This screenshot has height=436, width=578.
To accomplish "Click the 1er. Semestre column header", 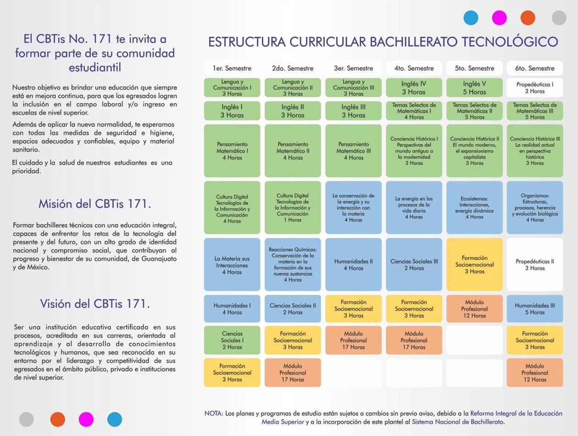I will pyautogui.click(x=232, y=68).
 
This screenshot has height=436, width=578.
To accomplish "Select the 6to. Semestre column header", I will pyautogui.click(x=534, y=68).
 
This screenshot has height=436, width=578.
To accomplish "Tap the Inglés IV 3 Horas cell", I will pyautogui.click(x=414, y=88).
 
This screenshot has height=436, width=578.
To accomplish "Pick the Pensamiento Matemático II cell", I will pyautogui.click(x=293, y=151).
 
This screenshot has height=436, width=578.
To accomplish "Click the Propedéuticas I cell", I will pyautogui.click(x=534, y=88).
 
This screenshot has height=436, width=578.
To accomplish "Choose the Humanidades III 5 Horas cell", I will pyautogui.click(x=534, y=308).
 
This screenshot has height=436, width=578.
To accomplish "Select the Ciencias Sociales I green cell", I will pyautogui.click(x=232, y=340).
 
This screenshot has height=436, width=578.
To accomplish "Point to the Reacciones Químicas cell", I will pyautogui.click(x=293, y=264).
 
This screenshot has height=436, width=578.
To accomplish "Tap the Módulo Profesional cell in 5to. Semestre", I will pyautogui.click(x=474, y=308).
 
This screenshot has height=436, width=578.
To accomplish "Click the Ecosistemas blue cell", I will pyautogui.click(x=474, y=207).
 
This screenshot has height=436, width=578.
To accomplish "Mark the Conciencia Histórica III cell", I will pyautogui.click(x=534, y=151).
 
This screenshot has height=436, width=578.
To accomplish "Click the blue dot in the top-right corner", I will pyautogui.click(x=471, y=18).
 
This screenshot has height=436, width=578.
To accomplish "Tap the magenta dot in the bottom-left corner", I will pyautogui.click(x=86, y=419).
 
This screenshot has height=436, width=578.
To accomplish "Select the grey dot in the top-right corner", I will pyautogui.click(x=559, y=18).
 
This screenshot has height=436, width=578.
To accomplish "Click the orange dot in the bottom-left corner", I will pyautogui.click(x=58, y=419).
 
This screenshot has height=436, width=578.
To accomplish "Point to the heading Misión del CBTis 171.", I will pyautogui.click(x=94, y=204).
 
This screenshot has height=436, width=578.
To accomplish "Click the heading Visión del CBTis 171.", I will pyautogui.click(x=94, y=304).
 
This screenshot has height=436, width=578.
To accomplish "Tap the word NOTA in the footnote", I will pyautogui.click(x=214, y=414).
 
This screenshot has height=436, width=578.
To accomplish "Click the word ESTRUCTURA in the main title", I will pyautogui.click(x=246, y=42).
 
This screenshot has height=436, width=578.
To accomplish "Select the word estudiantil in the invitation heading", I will pyautogui.click(x=94, y=67).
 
